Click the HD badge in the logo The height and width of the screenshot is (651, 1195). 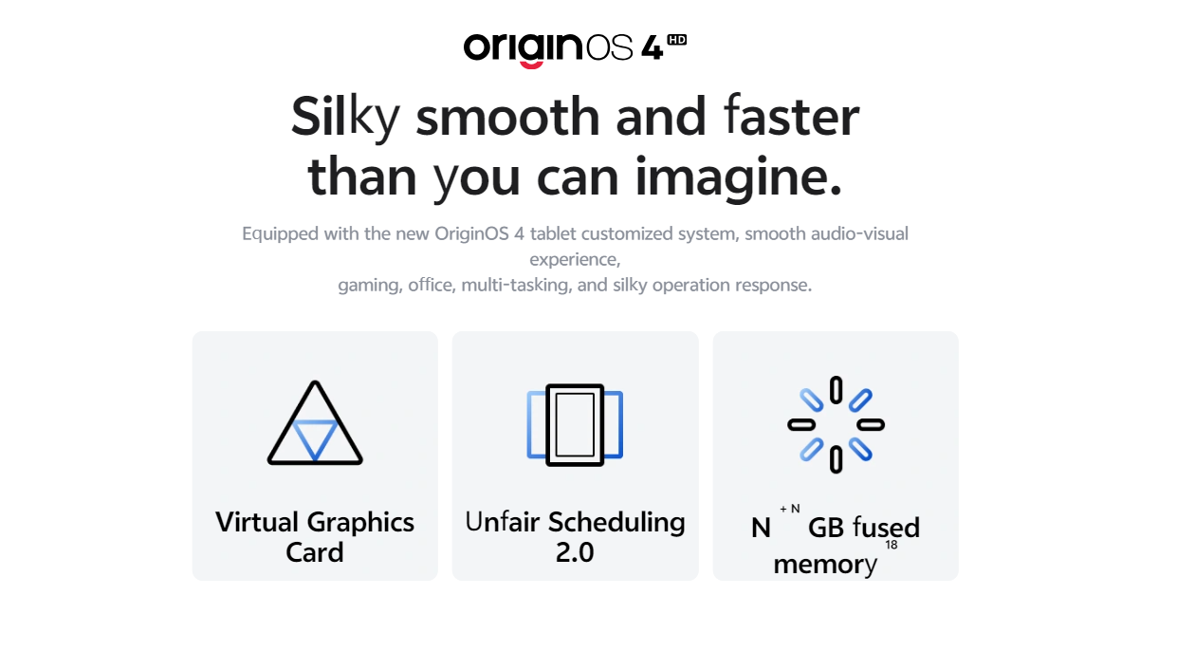[x=677, y=40]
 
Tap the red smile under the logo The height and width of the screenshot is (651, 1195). [x=531, y=65]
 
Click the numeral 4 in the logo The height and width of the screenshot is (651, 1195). [x=652, y=48]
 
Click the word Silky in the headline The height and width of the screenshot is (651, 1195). [x=345, y=119]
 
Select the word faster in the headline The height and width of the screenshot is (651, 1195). [x=792, y=115]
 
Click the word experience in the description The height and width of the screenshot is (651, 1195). [x=574, y=260]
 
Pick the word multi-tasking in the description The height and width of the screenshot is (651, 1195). [x=516, y=285]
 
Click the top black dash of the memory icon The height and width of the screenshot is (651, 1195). [x=836, y=390]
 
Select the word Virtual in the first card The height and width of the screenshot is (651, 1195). [x=257, y=522]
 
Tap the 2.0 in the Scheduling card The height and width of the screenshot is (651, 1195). [x=575, y=552]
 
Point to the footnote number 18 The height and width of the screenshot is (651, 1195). [x=892, y=545]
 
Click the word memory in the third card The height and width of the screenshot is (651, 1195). [x=825, y=565]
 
